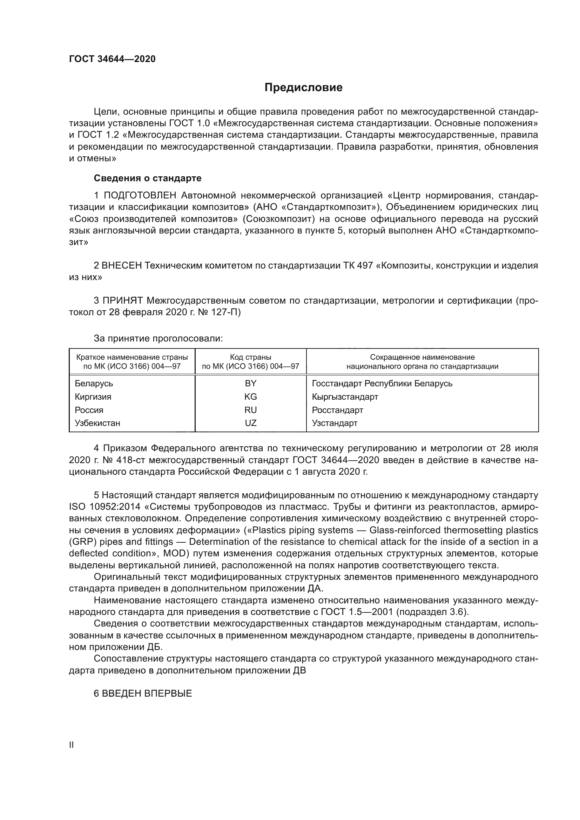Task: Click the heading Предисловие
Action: pos(303,88)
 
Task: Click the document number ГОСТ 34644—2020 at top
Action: pos(112,59)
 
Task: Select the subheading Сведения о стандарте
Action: pos(148,178)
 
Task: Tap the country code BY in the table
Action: pos(250,383)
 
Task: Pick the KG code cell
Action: pos(250,397)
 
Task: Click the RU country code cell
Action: pos(250,409)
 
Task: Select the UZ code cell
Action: pos(250,423)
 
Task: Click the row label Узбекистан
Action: pos(97,423)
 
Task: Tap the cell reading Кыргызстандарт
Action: pos(345,397)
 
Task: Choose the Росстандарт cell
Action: pos(337,409)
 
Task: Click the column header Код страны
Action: pos(250,357)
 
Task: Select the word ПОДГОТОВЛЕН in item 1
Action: pos(140,195)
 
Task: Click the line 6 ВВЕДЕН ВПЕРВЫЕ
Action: pos(143,693)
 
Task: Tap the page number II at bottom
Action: pos(72,745)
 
